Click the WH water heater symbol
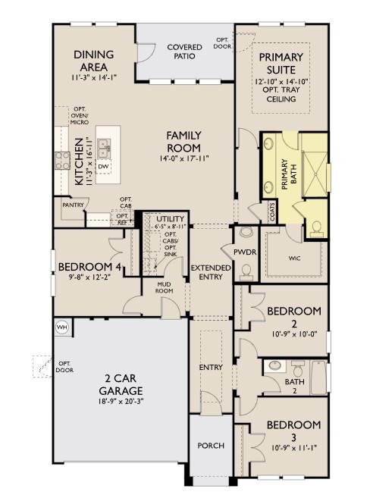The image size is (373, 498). pos(61,327)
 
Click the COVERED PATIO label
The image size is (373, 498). pos(184,52)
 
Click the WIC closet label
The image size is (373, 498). pos(294,258)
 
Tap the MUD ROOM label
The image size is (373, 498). pos(164,287)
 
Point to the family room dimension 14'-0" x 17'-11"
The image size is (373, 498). pos(184,158)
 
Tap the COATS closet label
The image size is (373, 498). pos(271,211)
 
